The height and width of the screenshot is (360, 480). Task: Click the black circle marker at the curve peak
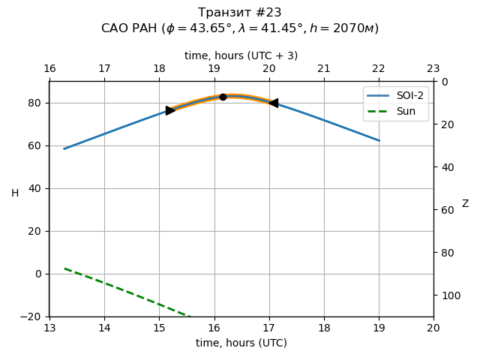pos(223,97)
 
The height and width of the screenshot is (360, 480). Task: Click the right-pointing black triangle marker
pos(170,110)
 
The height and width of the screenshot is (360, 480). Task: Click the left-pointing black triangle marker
pos(274,103)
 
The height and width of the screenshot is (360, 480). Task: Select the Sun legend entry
pos(395,111)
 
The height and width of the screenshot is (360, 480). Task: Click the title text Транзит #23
pos(240,13)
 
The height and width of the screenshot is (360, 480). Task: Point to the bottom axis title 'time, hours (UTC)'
pos(241,343)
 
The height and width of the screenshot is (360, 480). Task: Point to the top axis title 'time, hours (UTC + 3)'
pos(241,55)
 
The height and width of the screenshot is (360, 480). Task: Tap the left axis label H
pos(15,193)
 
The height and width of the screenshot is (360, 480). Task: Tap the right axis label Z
pos(465,204)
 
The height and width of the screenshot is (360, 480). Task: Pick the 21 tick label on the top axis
pos(324,69)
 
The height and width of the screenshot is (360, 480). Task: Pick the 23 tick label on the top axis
pos(433,69)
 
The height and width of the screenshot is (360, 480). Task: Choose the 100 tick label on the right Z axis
pos(448,295)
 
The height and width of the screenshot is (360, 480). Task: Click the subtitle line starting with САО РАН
pos(240,28)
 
